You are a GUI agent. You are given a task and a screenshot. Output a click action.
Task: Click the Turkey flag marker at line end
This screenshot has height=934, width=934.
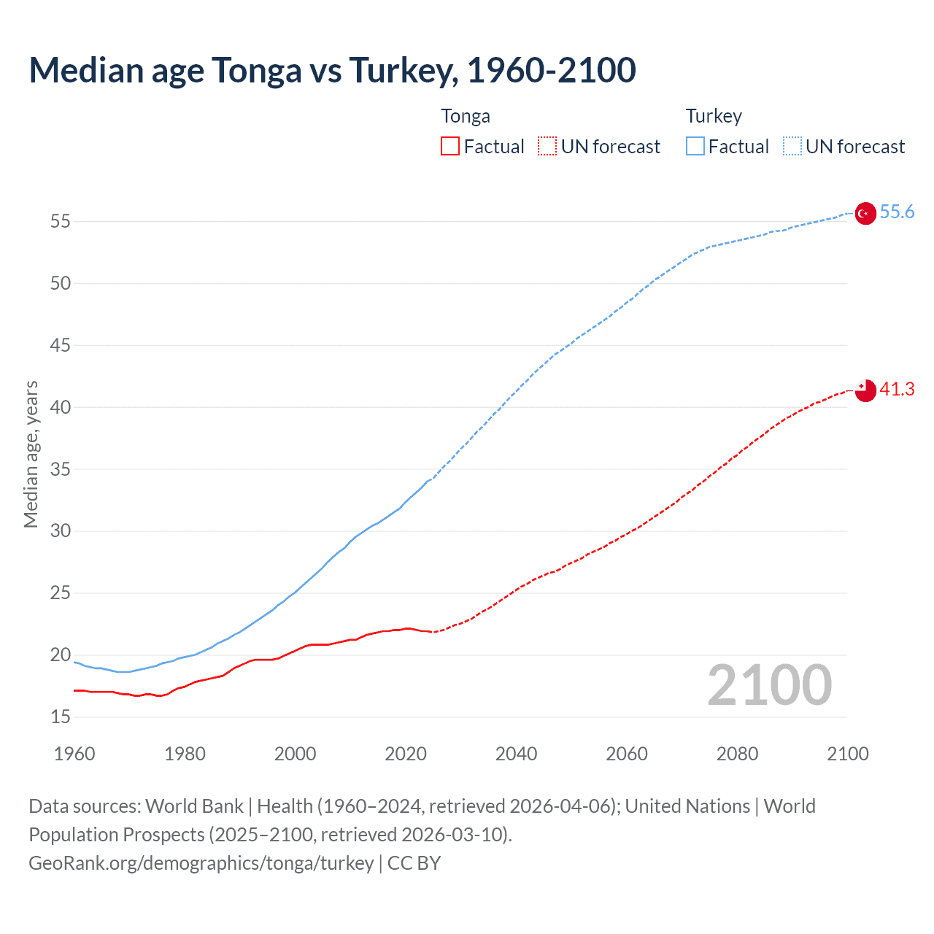865,213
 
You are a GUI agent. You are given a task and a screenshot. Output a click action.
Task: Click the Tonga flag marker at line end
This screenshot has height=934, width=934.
865,390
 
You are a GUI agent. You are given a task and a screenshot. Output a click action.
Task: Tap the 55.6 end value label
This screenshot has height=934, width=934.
897,212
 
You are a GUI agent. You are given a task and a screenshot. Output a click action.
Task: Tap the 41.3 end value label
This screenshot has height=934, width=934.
897,390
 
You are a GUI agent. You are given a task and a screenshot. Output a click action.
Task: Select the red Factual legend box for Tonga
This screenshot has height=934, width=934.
450,147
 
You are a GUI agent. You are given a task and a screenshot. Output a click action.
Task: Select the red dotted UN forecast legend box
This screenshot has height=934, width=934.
547,147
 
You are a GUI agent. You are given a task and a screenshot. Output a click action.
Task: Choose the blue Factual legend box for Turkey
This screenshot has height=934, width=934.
695,147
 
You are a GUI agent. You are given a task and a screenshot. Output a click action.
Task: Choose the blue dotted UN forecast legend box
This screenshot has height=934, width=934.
792,147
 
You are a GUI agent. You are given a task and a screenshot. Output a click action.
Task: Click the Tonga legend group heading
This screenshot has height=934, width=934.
466,117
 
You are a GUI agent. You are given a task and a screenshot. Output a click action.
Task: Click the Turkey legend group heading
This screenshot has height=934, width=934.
714,117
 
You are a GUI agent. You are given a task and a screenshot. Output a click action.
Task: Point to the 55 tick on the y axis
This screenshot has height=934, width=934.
61,221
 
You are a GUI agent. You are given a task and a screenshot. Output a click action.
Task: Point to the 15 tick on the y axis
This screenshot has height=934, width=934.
61,717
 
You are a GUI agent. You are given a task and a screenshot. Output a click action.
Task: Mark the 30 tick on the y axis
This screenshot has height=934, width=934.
61,531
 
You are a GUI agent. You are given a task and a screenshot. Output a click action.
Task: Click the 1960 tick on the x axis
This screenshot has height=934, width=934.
74,754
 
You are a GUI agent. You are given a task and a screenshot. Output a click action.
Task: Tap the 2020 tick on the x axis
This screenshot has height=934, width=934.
406,754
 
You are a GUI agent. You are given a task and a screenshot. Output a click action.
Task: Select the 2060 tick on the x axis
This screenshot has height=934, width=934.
627,754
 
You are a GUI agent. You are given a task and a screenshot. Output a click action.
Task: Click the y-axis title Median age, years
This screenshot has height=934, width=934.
31,454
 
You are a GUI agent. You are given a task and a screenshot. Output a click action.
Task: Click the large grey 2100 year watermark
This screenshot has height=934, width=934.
769,685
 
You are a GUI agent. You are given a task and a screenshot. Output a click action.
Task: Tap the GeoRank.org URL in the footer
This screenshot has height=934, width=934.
201,863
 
